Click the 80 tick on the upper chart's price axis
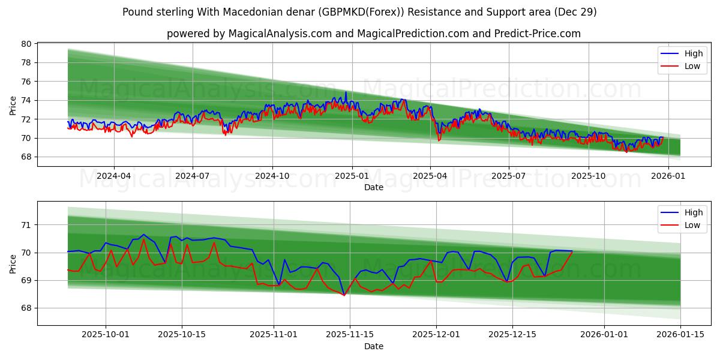[26, 44]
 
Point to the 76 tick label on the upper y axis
[26, 82]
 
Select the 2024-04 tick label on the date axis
[113, 176]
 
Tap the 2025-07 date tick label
[509, 176]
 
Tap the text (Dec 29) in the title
[575, 12]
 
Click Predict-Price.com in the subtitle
[537, 34]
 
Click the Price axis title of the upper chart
[13, 104]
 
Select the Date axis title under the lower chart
[374, 346]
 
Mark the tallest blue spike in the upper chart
[346, 92]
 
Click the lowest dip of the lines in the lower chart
[344, 295]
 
